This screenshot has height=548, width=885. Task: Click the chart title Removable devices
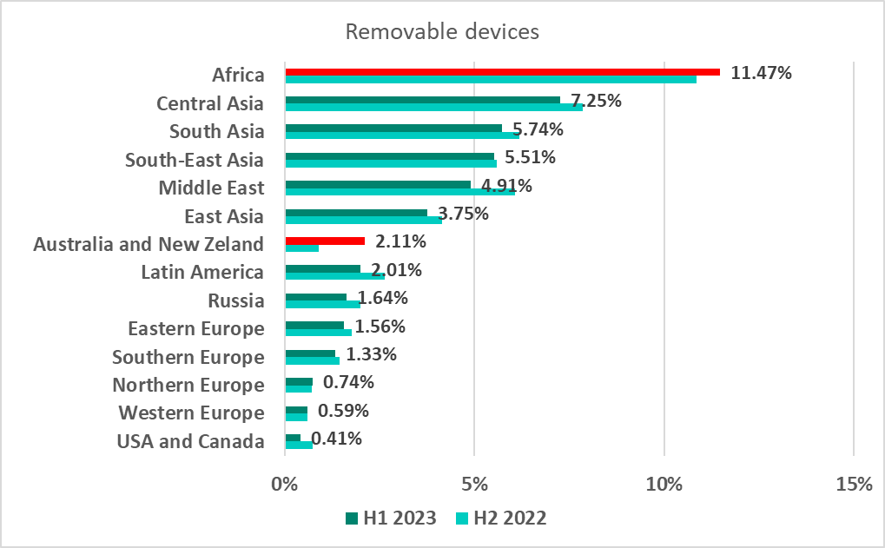point(442,32)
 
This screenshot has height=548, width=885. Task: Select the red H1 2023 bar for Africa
point(502,72)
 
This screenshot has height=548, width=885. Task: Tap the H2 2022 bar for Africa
point(491,79)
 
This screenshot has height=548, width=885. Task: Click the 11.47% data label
point(761,73)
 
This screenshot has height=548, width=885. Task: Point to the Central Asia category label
point(209,104)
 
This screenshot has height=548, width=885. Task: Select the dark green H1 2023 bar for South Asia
point(393,128)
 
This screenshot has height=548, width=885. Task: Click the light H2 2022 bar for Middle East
point(400,192)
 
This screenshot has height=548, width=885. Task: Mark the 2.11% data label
point(401,241)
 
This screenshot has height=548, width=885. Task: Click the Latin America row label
point(202,273)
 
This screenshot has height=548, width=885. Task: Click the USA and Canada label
point(190,441)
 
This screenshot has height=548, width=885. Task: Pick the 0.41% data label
point(337,439)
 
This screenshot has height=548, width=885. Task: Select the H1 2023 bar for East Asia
point(356,213)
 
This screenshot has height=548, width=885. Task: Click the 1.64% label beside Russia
point(383,298)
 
